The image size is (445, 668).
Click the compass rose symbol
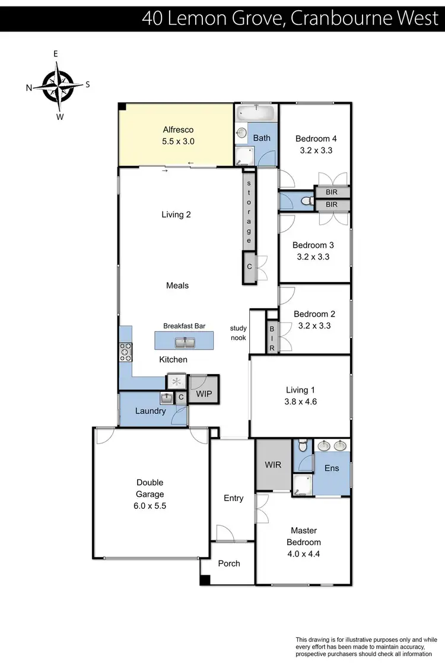(58, 84)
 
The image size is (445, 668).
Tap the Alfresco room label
(179, 129)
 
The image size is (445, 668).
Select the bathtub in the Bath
(256, 113)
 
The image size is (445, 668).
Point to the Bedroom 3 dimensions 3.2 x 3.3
(313, 257)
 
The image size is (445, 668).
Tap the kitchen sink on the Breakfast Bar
(184, 342)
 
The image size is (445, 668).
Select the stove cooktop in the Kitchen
(126, 352)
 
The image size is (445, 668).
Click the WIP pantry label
(204, 393)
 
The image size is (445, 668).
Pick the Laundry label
(151, 411)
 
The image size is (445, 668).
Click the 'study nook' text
(239, 333)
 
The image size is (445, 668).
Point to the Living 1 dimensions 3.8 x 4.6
(301, 402)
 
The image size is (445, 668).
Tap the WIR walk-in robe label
(273, 465)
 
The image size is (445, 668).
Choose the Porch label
(229, 563)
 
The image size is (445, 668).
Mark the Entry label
(233, 498)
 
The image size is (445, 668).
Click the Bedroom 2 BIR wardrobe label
(272, 338)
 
